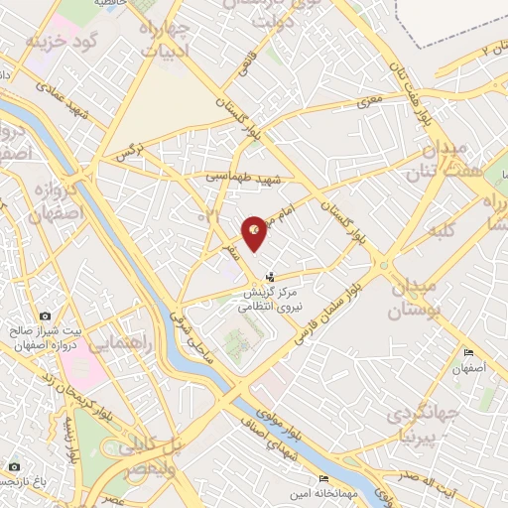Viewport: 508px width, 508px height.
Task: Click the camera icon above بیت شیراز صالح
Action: pyautogui.click(x=46, y=317)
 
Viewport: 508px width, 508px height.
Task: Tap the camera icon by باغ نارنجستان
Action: pyautogui.click(x=14, y=466)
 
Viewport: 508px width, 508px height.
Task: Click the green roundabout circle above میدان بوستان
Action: pyautogui.click(x=383, y=265)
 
